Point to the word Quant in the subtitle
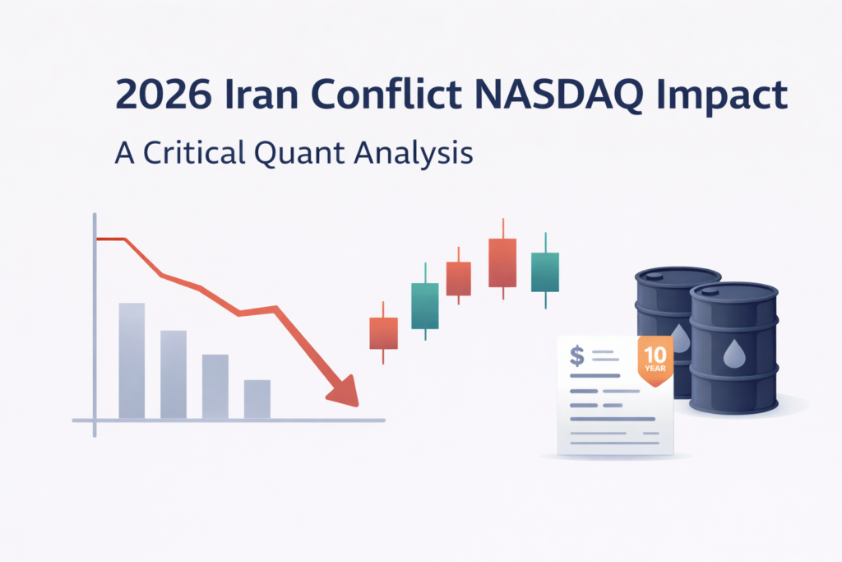coord(310,153)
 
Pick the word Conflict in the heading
coord(396,96)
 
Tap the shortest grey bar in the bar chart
coord(257,399)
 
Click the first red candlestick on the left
coord(383,332)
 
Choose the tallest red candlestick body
coord(502,262)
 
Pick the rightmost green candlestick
coord(544,272)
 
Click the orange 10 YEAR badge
coord(655,356)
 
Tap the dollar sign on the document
coord(577,355)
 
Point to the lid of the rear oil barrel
coord(678,274)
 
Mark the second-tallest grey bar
coord(173,374)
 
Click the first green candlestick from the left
coord(424,305)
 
